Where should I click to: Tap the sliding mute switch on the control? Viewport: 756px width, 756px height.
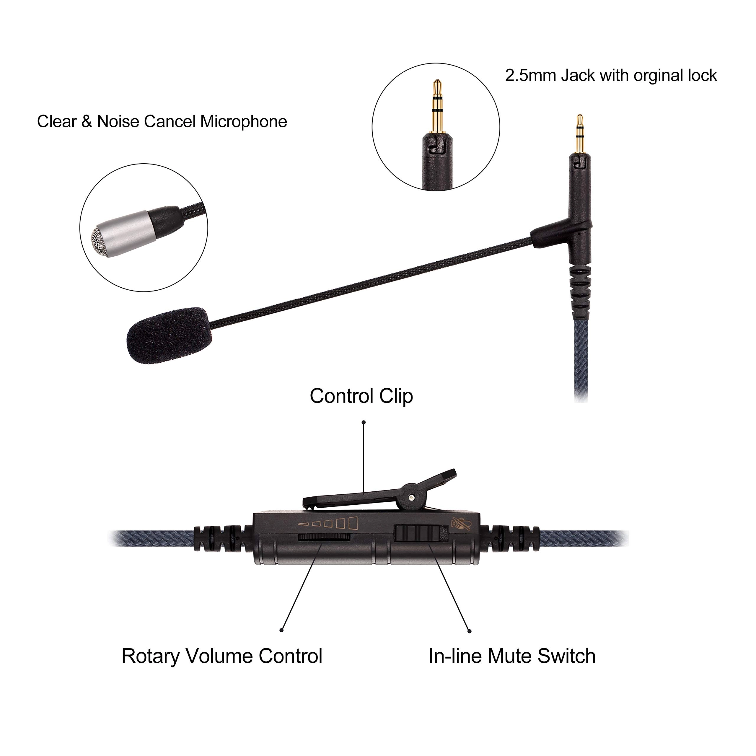click(x=421, y=533)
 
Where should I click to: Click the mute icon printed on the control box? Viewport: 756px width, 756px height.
click(x=461, y=523)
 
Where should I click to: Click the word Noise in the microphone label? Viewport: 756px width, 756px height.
click(x=118, y=122)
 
